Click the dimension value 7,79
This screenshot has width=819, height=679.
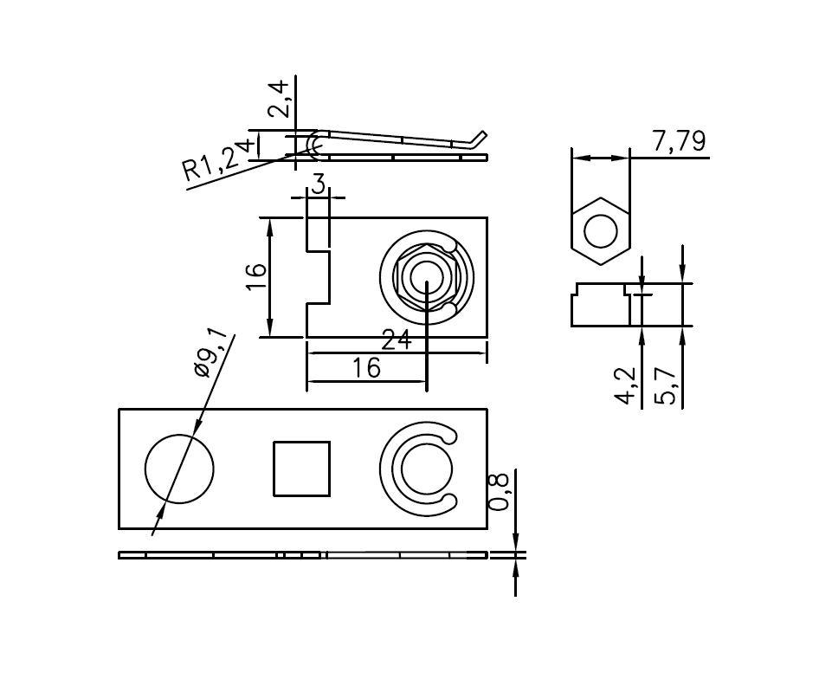click(x=679, y=141)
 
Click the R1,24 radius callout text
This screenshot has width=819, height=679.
click(x=216, y=158)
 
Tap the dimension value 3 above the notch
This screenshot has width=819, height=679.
click(x=319, y=184)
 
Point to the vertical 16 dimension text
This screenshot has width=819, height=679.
click(x=255, y=277)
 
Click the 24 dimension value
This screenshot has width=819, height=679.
click(x=397, y=340)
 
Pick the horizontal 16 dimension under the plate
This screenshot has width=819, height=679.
click(x=366, y=368)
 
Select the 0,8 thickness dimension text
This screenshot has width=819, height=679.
click(x=499, y=492)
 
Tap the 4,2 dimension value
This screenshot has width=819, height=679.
click(x=626, y=386)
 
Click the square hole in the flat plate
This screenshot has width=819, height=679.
click(x=301, y=469)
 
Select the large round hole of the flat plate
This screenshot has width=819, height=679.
click(x=178, y=469)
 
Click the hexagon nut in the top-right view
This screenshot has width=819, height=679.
click(x=600, y=231)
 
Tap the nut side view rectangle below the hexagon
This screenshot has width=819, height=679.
click(x=600, y=305)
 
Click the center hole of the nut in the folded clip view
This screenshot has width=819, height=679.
click(x=425, y=277)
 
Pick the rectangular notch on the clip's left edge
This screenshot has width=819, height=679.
click(x=319, y=277)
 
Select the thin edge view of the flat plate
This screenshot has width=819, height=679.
click(x=303, y=554)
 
